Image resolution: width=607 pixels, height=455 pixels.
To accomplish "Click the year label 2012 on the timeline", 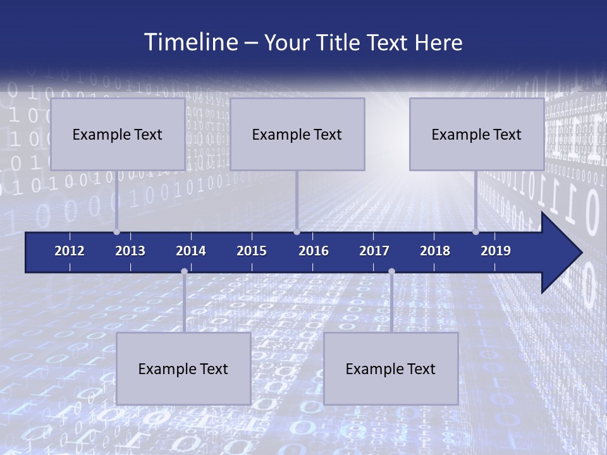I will [x=70, y=251].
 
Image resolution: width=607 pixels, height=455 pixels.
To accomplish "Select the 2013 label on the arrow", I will [x=130, y=251].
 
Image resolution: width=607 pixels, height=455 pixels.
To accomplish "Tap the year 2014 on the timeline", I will [x=191, y=251].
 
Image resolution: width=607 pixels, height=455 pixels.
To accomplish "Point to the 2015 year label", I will [x=252, y=251].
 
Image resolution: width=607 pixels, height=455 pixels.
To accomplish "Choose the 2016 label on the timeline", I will [x=314, y=251].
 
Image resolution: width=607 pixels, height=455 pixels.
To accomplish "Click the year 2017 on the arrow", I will [x=374, y=251].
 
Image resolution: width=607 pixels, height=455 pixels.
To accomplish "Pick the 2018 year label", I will [x=435, y=251].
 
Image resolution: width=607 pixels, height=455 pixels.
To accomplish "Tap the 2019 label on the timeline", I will [x=496, y=251].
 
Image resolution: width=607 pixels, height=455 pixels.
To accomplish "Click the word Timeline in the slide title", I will [x=190, y=42].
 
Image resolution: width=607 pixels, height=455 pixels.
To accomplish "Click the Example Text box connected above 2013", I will [x=118, y=134].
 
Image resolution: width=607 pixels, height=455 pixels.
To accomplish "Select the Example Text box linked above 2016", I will [x=297, y=134].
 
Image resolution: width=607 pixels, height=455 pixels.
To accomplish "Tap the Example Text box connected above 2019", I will [x=477, y=134].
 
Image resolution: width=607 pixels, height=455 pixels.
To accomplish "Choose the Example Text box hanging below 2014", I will [x=183, y=368].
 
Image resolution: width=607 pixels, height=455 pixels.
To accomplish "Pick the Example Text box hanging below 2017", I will [x=391, y=368].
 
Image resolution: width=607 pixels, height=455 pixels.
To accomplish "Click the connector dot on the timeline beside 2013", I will [x=117, y=232].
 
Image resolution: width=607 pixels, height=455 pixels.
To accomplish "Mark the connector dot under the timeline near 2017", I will [x=391, y=272].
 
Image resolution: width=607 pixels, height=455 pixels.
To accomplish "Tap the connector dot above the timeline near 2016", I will [x=297, y=232].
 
